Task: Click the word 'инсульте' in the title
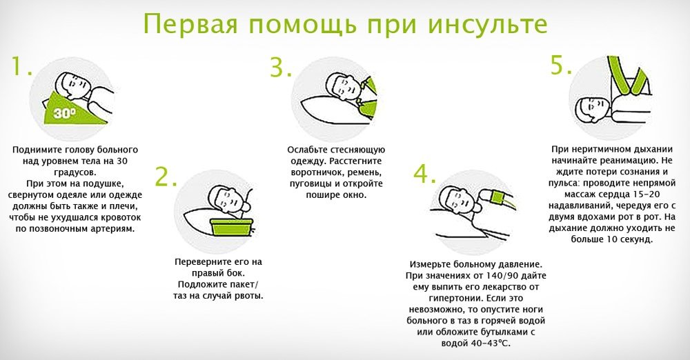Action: point(488,24)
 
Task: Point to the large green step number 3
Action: point(281,68)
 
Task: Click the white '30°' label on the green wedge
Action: point(65,113)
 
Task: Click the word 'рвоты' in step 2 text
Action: point(249,296)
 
